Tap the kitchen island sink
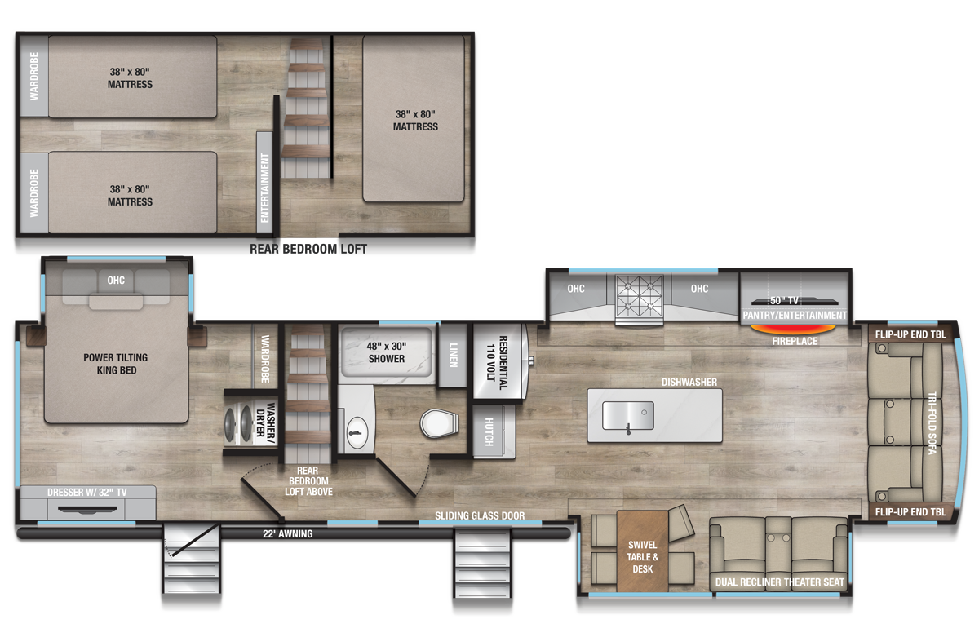tap(627, 415)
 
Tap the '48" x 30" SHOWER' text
tap(386, 352)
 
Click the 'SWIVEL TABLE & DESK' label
tap(642, 556)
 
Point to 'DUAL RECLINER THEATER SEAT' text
tap(780, 582)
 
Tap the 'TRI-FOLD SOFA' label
tap(932, 422)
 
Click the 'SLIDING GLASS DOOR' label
tap(480, 516)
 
